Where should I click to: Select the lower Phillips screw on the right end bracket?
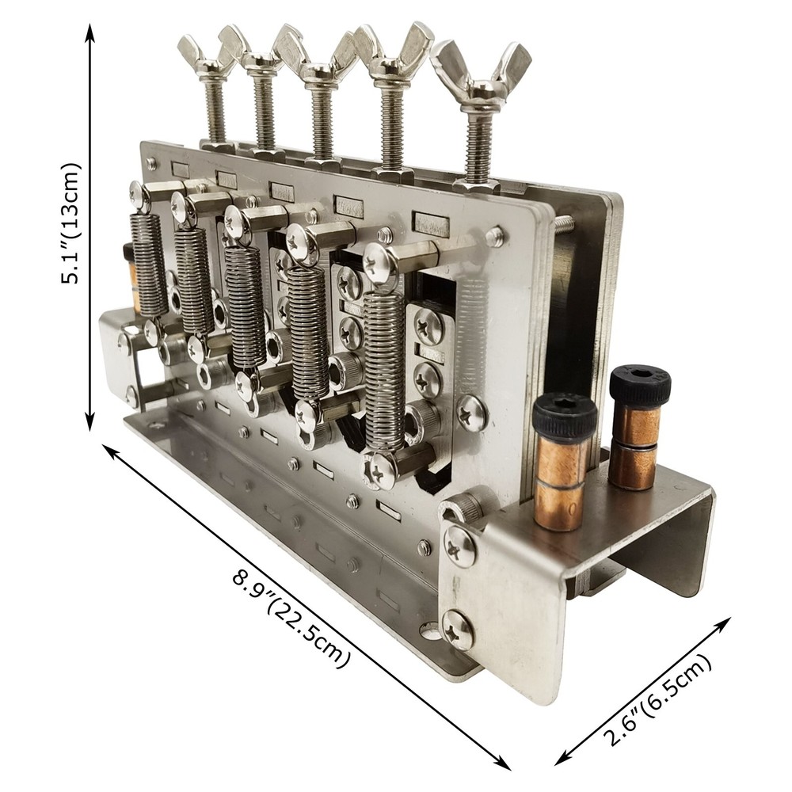[459, 630]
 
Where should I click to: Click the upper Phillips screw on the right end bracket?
[459, 546]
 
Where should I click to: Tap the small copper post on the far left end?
[131, 277]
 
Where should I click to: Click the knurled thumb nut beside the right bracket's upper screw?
[466, 506]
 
